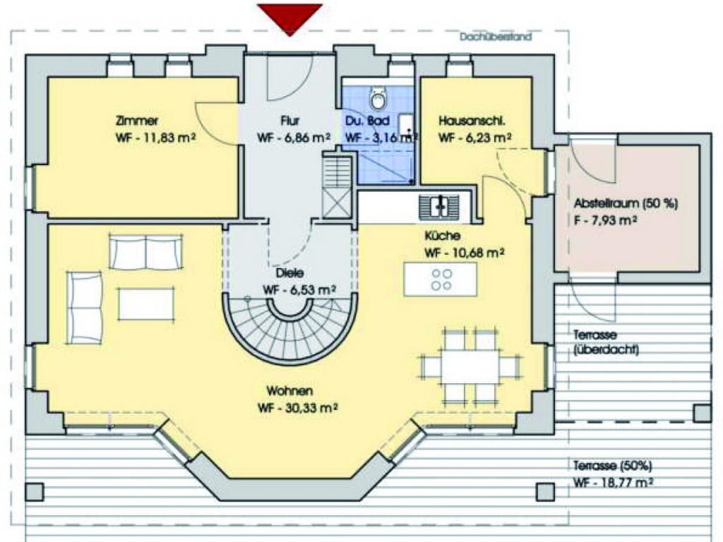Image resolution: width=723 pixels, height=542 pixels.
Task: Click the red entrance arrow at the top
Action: point(289,18)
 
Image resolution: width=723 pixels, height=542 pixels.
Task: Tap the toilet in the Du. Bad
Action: point(378,98)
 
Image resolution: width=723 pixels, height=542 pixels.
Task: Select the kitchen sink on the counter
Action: point(439,206)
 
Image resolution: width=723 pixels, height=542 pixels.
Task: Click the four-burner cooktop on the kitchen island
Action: point(441,279)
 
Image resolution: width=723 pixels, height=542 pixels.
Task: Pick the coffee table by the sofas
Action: point(145,303)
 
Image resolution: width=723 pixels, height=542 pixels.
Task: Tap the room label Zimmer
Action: point(137,121)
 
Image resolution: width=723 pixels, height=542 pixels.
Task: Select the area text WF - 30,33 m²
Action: point(298,408)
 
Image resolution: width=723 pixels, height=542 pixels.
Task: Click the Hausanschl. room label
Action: point(472,121)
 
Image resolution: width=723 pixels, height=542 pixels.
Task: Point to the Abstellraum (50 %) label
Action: point(626,203)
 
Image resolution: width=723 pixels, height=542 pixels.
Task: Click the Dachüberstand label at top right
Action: point(495,37)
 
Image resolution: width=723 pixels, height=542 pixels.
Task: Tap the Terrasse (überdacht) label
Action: point(606,342)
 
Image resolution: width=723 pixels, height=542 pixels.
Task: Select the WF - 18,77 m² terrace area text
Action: point(614,483)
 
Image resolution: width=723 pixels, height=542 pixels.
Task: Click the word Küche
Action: point(442,236)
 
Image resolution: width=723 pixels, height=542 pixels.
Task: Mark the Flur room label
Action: point(290,121)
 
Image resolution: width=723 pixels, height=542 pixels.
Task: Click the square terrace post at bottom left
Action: point(35,492)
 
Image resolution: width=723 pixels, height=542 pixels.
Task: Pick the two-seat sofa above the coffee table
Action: point(145,252)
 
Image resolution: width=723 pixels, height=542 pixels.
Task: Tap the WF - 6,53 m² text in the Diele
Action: point(299,290)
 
